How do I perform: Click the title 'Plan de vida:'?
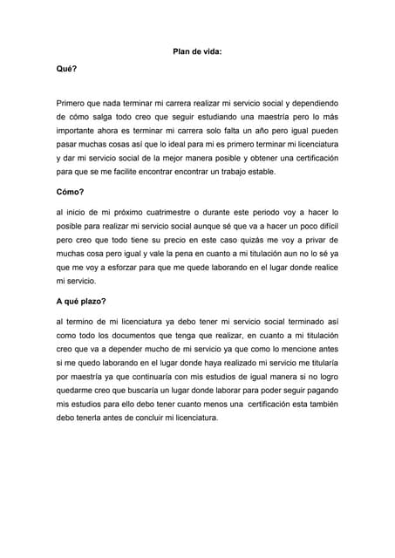[x=198, y=51]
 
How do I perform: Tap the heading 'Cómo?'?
[x=71, y=191]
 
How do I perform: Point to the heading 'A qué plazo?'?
[x=80, y=301]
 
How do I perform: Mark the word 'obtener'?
[x=252, y=158]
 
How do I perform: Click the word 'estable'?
[x=256, y=172]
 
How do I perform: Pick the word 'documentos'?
[x=133, y=336]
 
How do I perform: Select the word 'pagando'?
[x=314, y=391]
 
